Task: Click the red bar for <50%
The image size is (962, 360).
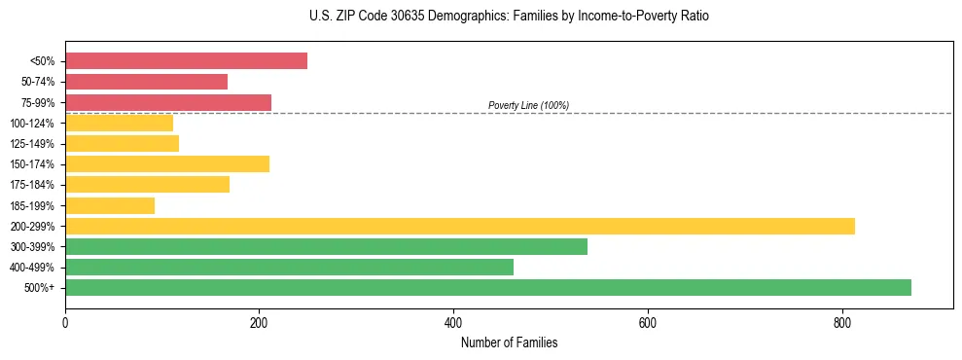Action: [x=186, y=61]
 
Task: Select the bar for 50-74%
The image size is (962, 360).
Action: [x=146, y=82]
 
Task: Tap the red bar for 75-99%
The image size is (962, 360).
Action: [x=168, y=102]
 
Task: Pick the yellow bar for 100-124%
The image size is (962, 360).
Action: [x=119, y=123]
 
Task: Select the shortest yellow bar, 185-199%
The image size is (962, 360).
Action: [x=110, y=205]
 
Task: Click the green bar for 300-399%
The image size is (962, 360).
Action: [x=326, y=247]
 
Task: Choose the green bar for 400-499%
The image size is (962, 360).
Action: [x=289, y=268]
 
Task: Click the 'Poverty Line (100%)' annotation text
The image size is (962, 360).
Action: [x=528, y=105]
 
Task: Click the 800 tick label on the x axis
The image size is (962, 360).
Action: [x=841, y=322]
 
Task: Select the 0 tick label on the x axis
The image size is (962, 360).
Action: [x=65, y=322]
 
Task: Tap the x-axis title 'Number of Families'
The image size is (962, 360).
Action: [x=509, y=342]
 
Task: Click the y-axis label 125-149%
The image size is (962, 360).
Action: [x=32, y=144]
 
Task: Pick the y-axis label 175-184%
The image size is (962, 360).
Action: [x=32, y=185]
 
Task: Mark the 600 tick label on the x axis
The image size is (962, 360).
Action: [x=648, y=322]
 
